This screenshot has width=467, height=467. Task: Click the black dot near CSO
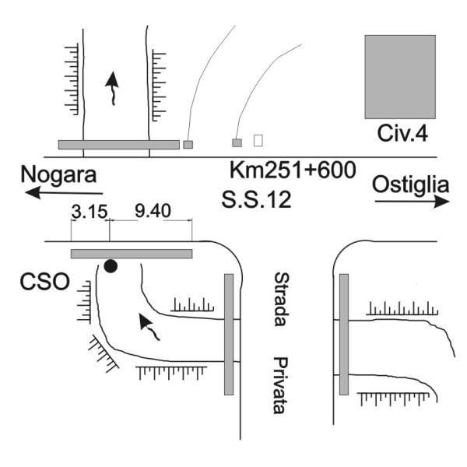click(111, 266)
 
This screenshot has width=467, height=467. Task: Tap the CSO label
click(44, 282)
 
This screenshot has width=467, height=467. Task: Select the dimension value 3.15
click(90, 212)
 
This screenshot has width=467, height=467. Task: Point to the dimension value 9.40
click(153, 211)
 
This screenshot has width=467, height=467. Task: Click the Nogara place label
click(58, 174)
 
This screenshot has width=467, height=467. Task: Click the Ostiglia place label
click(410, 185)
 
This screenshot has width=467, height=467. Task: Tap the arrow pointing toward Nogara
click(64, 193)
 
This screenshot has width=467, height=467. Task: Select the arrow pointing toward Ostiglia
click(413, 202)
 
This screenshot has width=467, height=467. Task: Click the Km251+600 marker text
click(293, 170)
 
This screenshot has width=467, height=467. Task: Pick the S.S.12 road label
click(256, 199)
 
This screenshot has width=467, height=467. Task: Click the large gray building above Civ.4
click(400, 77)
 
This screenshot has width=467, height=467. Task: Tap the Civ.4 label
click(402, 133)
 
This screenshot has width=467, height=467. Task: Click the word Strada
click(281, 300)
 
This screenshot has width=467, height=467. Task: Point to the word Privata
click(280, 385)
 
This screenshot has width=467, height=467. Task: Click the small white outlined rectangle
click(258, 140)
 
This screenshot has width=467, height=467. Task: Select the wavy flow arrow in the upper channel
click(112, 89)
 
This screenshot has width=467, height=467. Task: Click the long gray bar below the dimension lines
click(132, 254)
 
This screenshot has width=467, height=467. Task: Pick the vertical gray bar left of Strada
click(229, 335)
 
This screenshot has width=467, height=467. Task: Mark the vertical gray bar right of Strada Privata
click(344, 335)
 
